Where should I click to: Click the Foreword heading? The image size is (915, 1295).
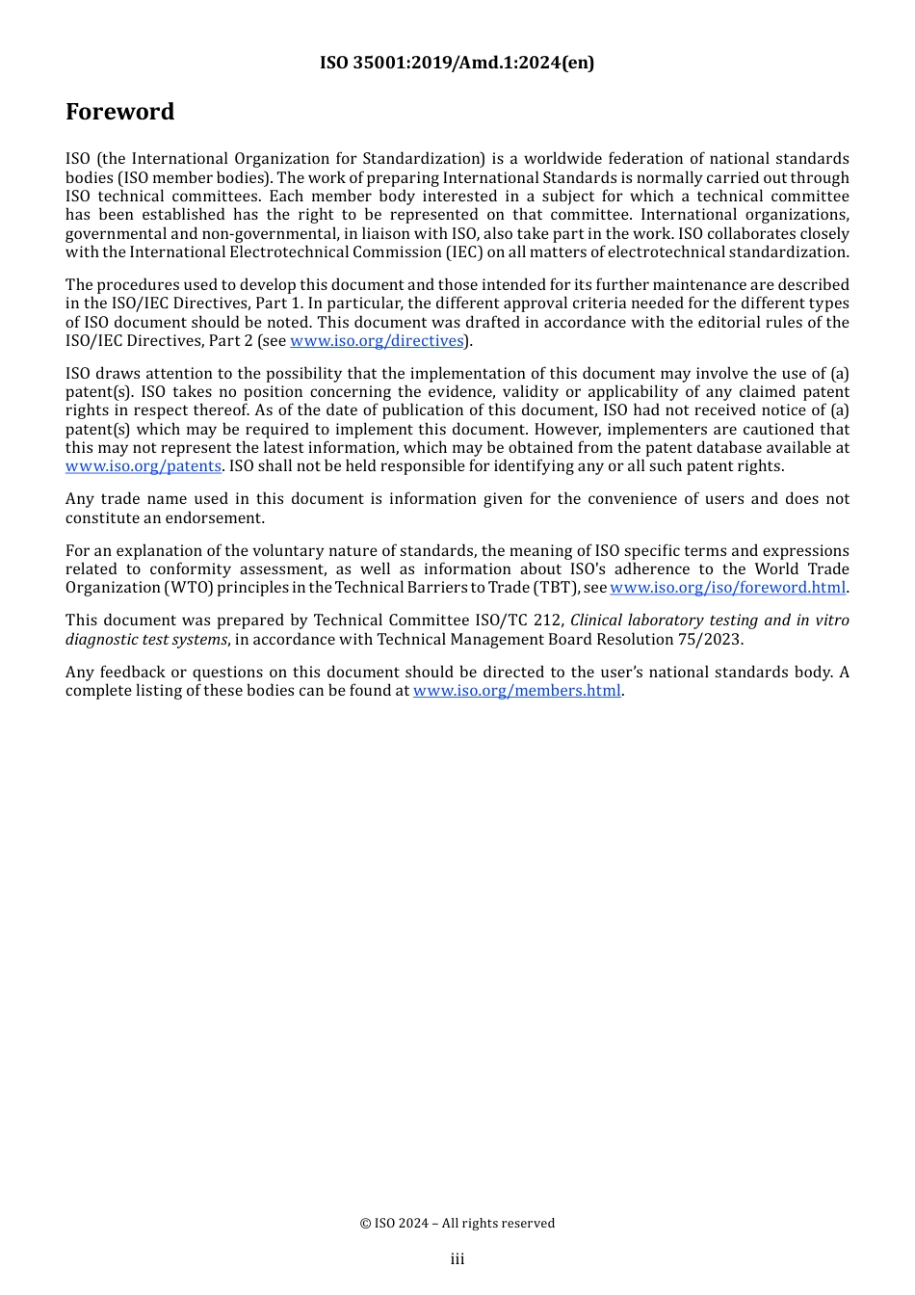[120, 112]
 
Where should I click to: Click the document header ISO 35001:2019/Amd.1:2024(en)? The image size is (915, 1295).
[457, 63]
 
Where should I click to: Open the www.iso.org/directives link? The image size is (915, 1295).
[377, 341]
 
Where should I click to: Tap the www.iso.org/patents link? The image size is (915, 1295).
[144, 466]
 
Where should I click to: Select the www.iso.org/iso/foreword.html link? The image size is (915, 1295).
[727, 588]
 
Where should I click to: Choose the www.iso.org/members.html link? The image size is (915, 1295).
[517, 691]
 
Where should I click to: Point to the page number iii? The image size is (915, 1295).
[457, 1259]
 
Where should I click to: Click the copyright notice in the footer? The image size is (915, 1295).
[457, 1224]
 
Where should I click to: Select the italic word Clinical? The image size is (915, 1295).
[596, 621]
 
